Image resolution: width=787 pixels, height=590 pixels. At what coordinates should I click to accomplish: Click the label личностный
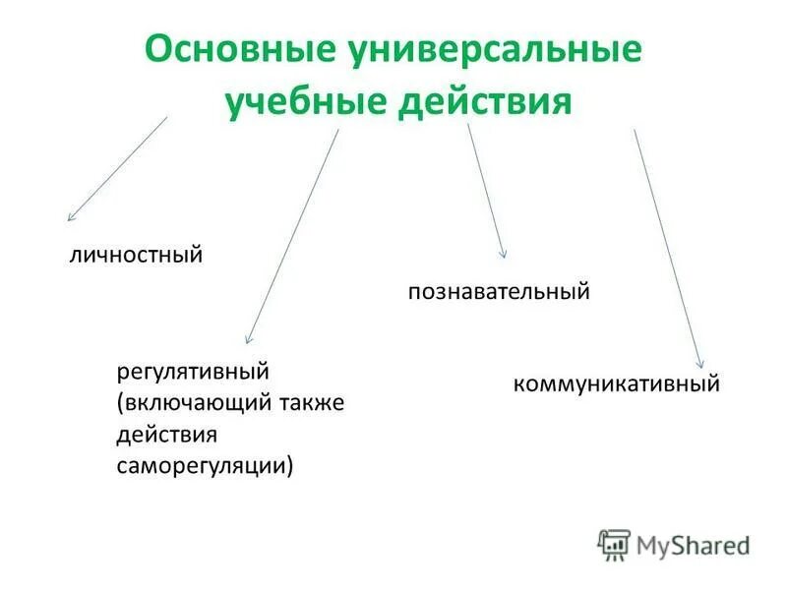click(136, 255)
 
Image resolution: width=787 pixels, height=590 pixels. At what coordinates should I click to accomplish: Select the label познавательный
click(499, 291)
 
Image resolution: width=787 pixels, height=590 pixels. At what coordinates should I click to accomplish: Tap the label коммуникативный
click(617, 383)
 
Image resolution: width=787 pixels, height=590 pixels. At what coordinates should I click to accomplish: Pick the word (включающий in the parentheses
click(184, 403)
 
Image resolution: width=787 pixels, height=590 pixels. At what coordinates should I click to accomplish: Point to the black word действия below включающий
click(166, 434)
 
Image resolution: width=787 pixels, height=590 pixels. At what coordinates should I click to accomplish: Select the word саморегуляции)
click(205, 464)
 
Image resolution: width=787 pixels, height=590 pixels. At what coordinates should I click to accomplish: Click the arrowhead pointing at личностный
click(70, 216)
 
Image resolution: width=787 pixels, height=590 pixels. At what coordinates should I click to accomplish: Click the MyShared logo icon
click(614, 544)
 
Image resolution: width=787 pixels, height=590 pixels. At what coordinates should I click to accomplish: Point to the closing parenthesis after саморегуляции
click(290, 464)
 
